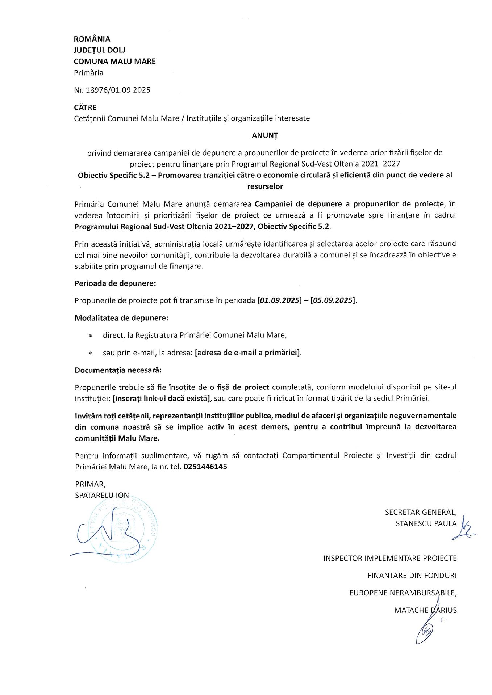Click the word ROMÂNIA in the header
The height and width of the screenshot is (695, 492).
[92, 39]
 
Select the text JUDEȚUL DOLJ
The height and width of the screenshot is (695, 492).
[99, 50]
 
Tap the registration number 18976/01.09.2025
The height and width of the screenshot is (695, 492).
[118, 90]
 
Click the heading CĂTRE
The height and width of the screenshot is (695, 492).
[85, 108]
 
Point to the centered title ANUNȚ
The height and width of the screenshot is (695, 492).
[265, 136]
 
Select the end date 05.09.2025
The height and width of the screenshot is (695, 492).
[333, 300]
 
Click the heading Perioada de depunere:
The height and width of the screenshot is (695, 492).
[115, 283]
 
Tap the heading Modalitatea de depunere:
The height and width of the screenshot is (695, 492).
[121, 318]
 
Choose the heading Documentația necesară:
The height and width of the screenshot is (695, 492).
[118, 370]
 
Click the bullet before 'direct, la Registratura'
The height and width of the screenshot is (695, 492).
[91, 336]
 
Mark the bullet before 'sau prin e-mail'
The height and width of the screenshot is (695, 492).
[91, 353]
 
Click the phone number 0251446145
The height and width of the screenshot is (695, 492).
[205, 467]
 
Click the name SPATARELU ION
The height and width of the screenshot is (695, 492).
[102, 495]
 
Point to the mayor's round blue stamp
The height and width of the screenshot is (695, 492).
[123, 530]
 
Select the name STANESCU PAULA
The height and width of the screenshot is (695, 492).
[426, 524]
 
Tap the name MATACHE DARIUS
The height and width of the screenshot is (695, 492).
[425, 610]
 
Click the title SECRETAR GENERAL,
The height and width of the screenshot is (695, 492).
[421, 512]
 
